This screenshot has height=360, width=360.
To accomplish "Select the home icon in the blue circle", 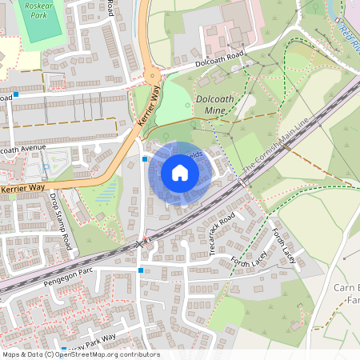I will tap(180, 172).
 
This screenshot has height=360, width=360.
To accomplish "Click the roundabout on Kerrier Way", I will tap(152, 78).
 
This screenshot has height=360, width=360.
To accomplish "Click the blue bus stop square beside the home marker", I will tap(144, 159).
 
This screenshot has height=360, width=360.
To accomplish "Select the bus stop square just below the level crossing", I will tap(141, 271).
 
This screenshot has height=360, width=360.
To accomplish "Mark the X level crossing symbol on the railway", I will tap(142, 242).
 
